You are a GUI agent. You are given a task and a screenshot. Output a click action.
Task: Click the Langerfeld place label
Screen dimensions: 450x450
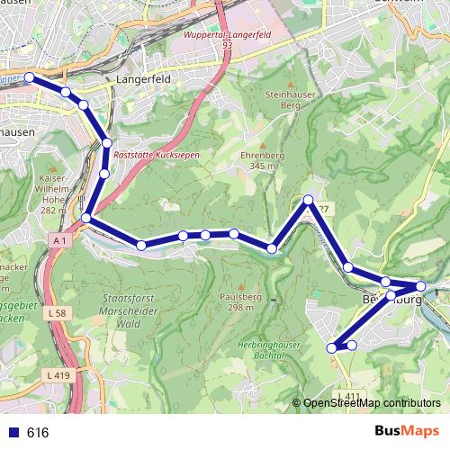click(x=138, y=79)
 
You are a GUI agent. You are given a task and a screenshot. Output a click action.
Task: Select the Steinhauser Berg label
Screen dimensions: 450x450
click(x=288, y=99)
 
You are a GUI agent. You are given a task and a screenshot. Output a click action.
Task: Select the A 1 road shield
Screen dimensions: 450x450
click(x=59, y=241)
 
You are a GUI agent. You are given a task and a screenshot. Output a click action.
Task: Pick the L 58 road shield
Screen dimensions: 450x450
click(x=57, y=312)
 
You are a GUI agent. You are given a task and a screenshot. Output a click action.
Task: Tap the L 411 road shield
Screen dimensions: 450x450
click(x=352, y=396)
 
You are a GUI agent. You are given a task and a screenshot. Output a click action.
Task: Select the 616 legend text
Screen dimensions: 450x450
click(x=38, y=432)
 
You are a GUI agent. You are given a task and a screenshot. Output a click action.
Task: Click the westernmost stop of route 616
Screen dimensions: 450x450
click(x=29, y=78)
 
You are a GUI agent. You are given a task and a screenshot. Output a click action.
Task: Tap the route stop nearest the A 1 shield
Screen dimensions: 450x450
click(x=86, y=218)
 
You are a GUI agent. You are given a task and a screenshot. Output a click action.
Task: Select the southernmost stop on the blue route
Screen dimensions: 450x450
click(x=331, y=347)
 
